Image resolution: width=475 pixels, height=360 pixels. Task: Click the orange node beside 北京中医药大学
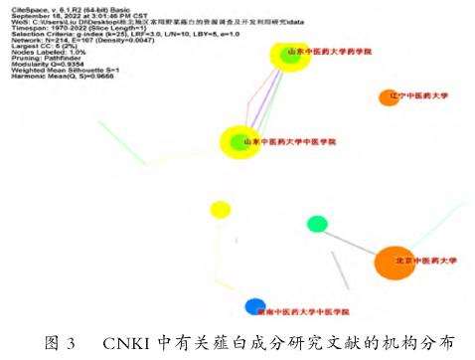(394, 264)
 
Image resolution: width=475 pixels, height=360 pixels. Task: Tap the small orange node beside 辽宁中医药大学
(388, 97)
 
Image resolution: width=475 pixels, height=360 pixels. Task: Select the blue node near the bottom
(254, 306)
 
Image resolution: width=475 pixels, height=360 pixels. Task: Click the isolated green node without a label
(317, 223)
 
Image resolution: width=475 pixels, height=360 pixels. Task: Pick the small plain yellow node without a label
(220, 210)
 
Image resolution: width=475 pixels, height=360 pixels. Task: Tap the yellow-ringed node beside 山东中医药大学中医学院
(238, 143)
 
